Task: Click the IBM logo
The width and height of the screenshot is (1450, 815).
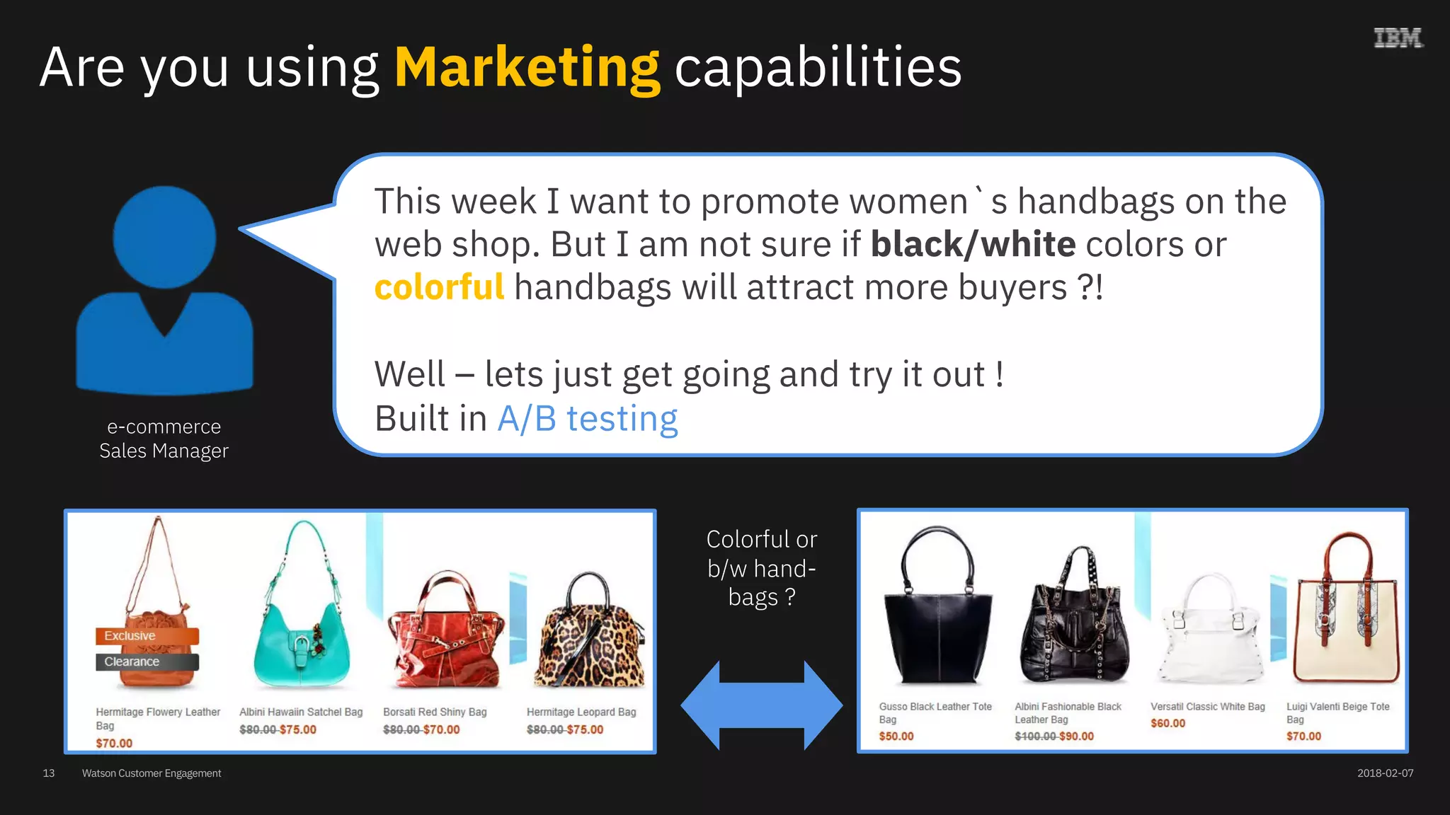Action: (x=1398, y=37)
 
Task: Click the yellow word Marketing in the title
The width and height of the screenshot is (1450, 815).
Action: (x=527, y=68)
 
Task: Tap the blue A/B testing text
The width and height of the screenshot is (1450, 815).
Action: (x=587, y=419)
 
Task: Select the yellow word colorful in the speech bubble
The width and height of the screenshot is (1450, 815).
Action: (x=439, y=287)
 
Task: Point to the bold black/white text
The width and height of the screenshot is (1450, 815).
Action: (x=973, y=245)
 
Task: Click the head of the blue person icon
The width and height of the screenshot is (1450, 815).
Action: (x=164, y=237)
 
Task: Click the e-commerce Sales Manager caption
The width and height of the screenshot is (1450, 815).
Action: (x=164, y=439)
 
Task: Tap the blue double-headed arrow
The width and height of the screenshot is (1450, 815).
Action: (x=762, y=705)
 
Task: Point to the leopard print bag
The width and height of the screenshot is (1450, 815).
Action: (x=590, y=633)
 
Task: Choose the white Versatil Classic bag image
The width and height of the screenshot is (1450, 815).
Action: (x=1209, y=630)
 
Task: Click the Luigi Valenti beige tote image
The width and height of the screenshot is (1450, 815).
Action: (x=1345, y=615)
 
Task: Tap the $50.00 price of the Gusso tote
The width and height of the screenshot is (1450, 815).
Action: (x=896, y=736)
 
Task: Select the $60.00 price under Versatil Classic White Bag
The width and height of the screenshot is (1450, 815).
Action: (x=1168, y=724)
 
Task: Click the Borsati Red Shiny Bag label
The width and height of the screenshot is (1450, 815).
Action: (x=435, y=712)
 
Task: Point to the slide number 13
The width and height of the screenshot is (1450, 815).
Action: (x=49, y=773)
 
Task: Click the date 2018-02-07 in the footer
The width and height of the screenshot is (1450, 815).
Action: (x=1385, y=773)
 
